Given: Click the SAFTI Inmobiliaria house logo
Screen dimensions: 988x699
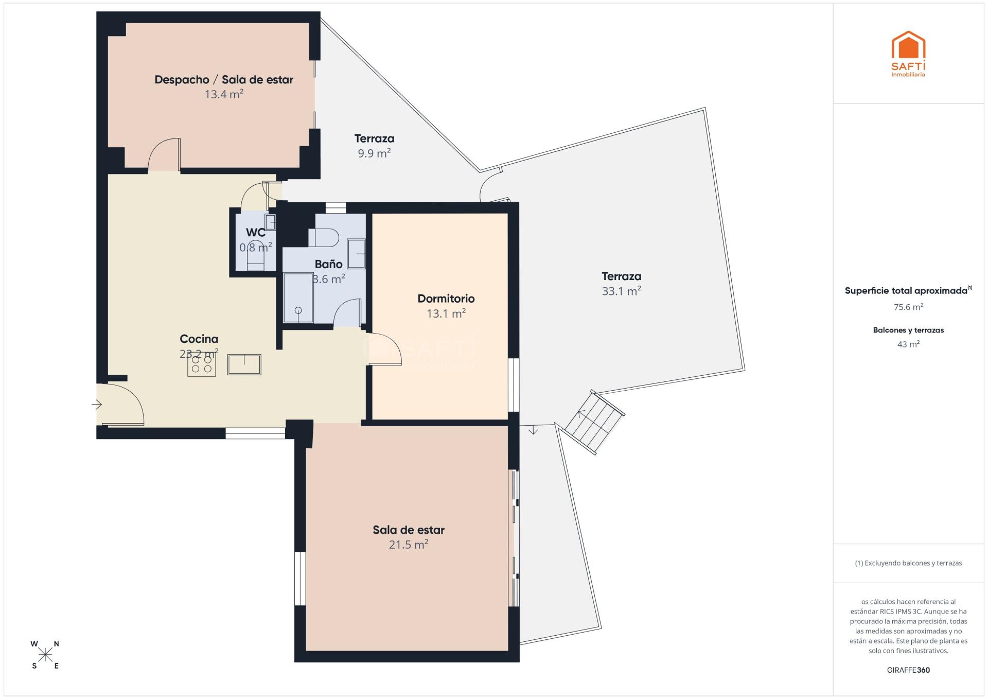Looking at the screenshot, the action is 908,54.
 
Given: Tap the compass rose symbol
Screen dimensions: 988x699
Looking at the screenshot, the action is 45,655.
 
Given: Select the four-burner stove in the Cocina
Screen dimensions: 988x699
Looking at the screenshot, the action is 202,364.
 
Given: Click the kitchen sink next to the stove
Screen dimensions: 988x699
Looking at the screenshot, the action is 244,364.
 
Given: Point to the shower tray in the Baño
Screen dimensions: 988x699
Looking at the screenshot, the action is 298,298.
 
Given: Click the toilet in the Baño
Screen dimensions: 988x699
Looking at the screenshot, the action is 324,238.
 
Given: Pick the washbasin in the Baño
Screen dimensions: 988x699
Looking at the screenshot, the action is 356,253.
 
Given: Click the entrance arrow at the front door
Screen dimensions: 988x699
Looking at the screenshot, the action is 97,405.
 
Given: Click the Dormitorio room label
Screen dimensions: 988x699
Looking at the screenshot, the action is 446,299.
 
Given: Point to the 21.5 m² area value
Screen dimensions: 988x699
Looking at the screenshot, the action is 409,545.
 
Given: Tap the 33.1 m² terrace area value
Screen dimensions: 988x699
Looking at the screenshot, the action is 622,291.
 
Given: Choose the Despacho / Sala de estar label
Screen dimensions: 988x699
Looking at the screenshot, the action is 224,80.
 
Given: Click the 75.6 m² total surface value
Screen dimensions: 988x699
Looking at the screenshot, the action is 908,307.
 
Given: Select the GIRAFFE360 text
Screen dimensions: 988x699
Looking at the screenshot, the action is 908,670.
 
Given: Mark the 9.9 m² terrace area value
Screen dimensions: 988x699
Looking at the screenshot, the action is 375,153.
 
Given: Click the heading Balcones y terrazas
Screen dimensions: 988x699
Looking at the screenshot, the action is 908,330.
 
